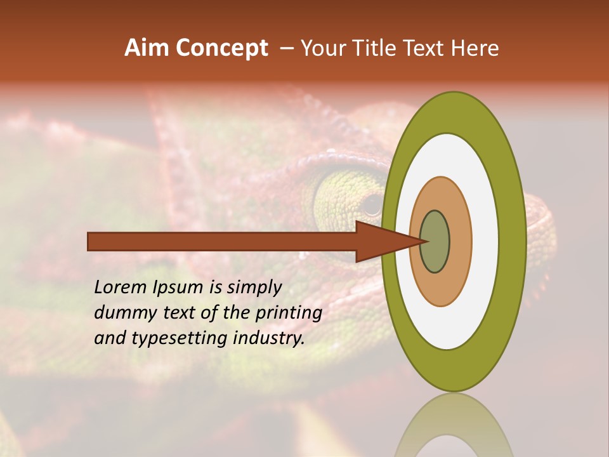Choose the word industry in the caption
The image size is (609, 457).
click(269, 338)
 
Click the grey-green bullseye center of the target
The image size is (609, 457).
click(435, 242)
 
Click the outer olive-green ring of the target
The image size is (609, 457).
click(513, 242)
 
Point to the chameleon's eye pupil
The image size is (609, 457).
click(372, 204)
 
